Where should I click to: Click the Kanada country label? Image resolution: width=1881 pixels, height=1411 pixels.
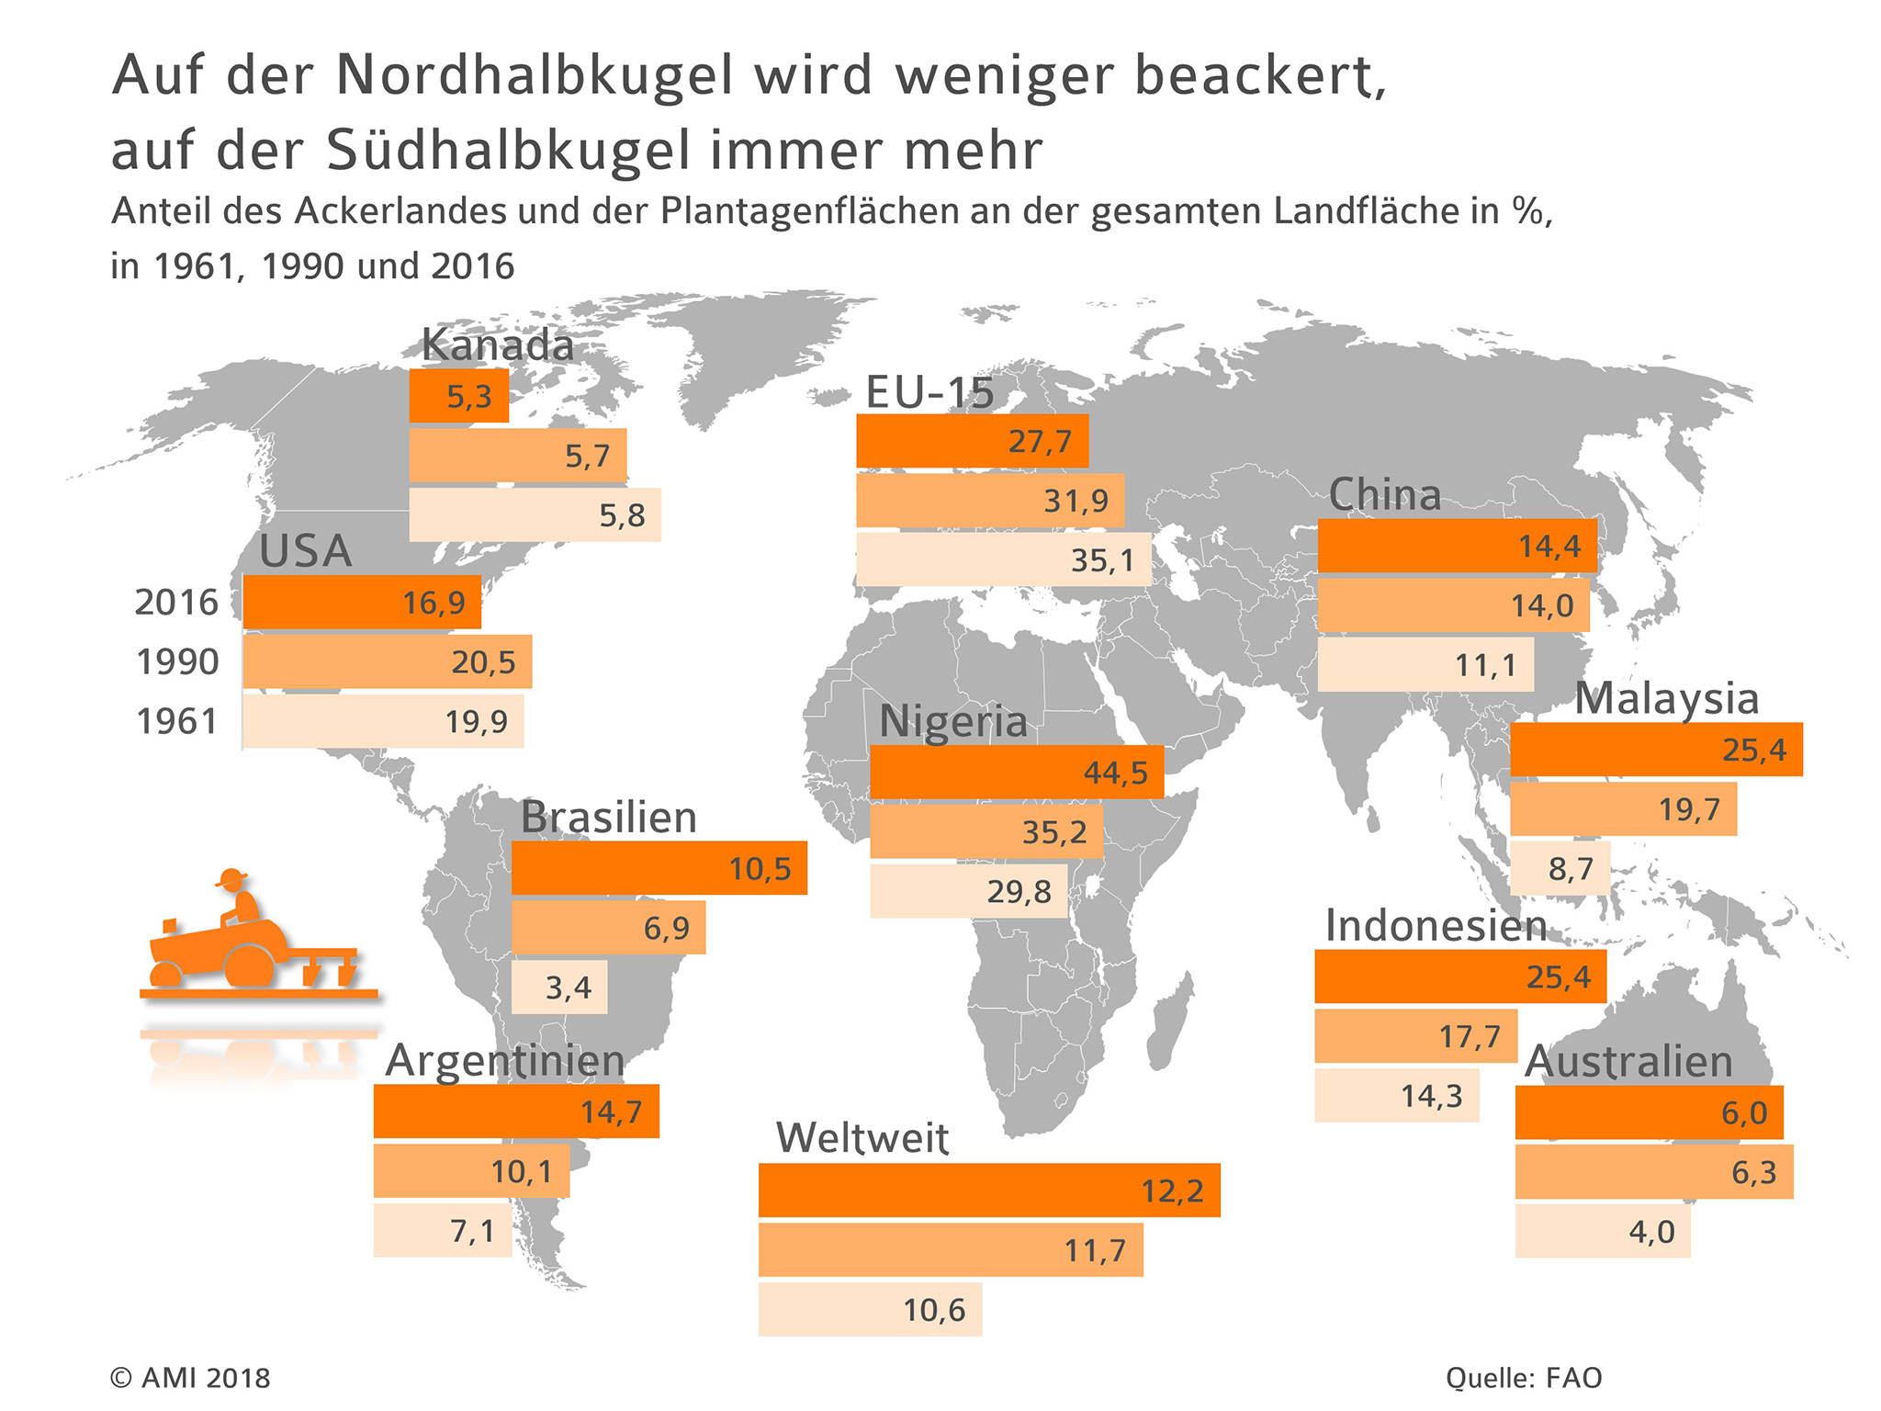(x=497, y=345)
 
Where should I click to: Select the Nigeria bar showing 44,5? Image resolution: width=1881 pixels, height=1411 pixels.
(x=1016, y=772)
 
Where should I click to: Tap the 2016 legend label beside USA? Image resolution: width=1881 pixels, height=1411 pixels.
(x=176, y=603)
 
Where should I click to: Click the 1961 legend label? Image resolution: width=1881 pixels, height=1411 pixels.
(x=176, y=722)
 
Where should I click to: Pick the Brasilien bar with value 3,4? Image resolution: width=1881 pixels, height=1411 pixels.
(x=558, y=988)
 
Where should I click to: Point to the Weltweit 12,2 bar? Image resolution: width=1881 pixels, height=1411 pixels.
(x=988, y=1191)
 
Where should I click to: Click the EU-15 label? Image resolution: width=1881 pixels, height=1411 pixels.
(x=929, y=392)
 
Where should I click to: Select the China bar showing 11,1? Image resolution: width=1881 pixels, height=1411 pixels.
(x=1425, y=664)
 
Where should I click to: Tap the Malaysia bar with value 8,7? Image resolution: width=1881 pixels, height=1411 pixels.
(x=1560, y=868)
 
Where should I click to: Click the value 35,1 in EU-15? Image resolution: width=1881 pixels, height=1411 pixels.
(x=1102, y=559)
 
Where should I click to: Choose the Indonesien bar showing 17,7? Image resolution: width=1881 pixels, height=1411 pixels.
(x=1414, y=1036)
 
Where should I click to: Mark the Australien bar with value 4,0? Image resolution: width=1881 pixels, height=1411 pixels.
(x=1602, y=1231)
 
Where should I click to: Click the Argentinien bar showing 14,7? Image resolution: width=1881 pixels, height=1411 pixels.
(x=515, y=1112)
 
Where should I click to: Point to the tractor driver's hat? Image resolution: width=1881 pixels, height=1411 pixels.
(x=232, y=877)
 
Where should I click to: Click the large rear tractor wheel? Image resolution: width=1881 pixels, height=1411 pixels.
(x=249, y=964)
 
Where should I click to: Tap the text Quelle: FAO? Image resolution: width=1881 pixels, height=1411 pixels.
(x=1524, y=1378)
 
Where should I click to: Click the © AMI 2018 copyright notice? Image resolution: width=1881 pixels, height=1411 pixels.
(x=190, y=1378)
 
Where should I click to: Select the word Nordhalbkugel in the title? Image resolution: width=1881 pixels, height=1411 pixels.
(x=535, y=75)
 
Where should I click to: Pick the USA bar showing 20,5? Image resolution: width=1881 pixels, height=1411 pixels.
(x=387, y=661)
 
